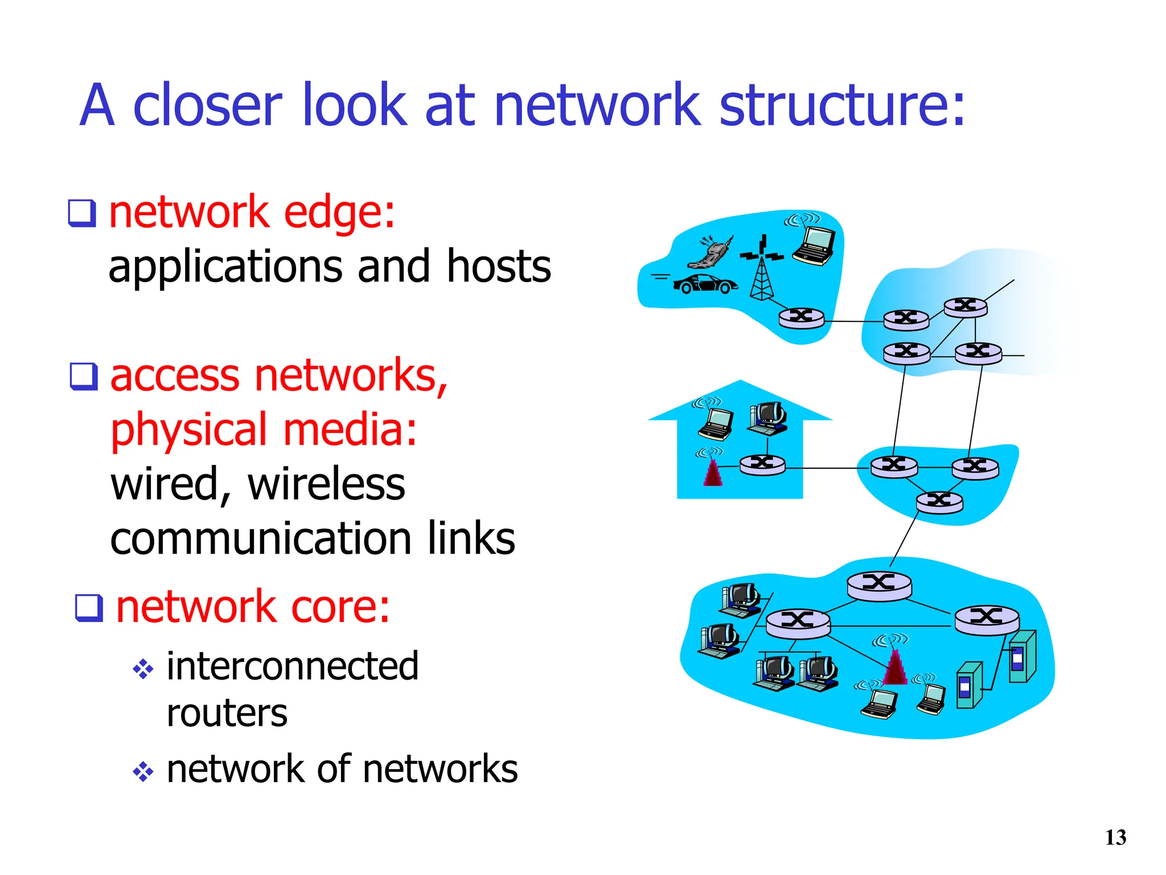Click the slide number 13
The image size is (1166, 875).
tap(1115, 837)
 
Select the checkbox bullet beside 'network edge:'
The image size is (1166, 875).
tap(82, 213)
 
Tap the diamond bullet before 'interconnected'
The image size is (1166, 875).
tap(143, 669)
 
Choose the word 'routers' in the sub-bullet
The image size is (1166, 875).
tap(227, 713)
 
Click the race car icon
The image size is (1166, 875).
tap(705, 283)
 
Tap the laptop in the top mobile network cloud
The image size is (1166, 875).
tap(815, 245)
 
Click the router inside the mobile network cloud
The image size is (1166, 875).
tap(801, 317)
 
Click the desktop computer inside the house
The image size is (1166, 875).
tap(769, 418)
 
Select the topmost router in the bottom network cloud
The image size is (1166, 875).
tap(879, 586)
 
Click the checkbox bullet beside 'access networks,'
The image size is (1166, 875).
tap(84, 376)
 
